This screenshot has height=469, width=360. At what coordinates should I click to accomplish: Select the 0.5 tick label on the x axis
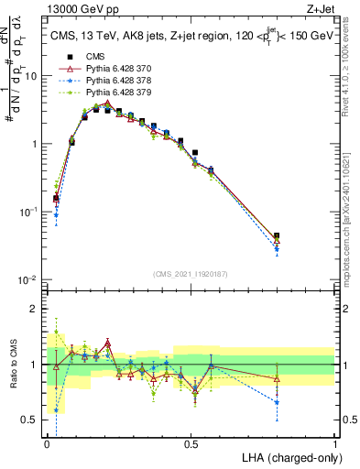click(191, 444)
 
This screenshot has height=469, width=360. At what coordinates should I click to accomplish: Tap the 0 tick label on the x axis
click(48, 444)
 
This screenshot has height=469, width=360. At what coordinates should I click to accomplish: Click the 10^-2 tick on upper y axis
click(31, 279)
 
